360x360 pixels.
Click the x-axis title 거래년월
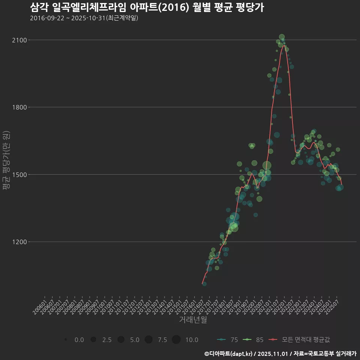[193, 320]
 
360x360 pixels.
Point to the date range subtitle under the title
[84, 18]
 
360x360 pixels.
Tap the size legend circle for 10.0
[176, 340]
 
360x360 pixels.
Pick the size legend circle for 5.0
[121, 340]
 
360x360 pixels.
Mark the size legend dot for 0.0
[66, 340]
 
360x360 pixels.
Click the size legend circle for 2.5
[93, 340]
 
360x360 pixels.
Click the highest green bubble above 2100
[282, 37]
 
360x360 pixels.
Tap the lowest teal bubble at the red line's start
[204, 284]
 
